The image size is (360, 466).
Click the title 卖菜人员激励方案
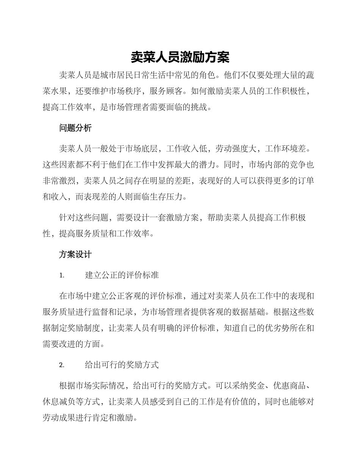[180, 57]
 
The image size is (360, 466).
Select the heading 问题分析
[75, 128]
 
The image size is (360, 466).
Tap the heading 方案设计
[75, 255]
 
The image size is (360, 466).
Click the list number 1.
[62, 275]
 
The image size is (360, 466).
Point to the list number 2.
[62, 365]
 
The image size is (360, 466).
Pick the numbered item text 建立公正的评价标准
[122, 275]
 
